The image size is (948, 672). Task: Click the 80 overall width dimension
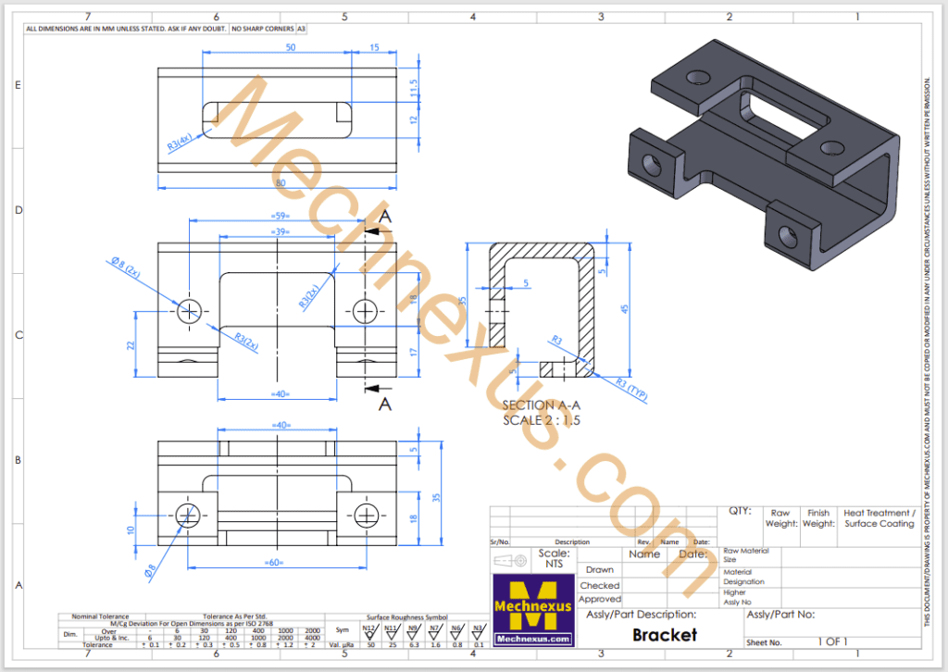280,181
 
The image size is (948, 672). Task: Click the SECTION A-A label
542,405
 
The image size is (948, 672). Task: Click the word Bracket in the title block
664,635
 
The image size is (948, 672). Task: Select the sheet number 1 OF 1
832,641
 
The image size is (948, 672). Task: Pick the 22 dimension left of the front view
131,344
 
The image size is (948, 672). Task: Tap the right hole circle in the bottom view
367,515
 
